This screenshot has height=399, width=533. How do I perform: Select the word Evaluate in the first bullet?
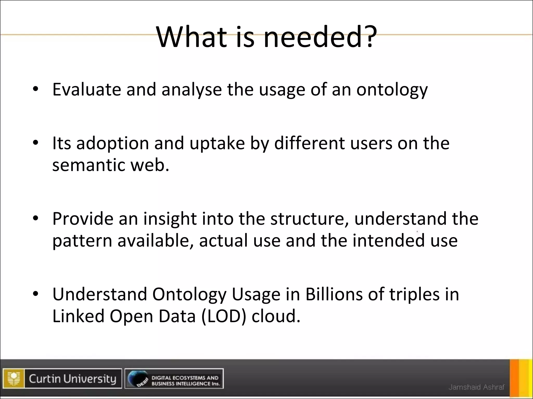tap(87, 89)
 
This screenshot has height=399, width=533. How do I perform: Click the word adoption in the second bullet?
tap(112, 144)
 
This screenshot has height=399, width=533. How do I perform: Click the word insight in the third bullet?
tap(170, 219)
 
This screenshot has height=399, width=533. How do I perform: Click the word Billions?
tap(334, 294)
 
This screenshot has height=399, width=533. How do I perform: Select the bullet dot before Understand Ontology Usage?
tap(36, 294)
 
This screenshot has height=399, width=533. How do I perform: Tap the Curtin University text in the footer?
tap(72, 378)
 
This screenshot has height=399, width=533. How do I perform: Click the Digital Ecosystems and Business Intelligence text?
tap(185, 381)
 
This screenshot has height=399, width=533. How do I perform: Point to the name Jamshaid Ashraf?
tap(476, 387)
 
